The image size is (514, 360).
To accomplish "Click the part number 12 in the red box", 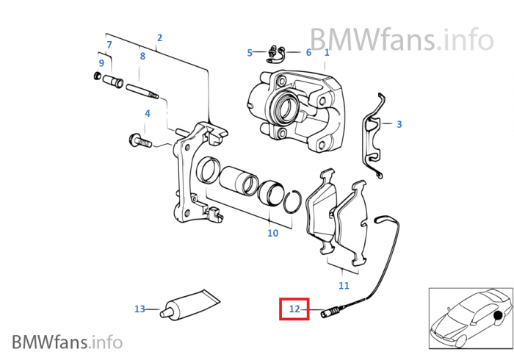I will [294, 309].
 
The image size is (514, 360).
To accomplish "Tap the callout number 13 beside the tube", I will [140, 309].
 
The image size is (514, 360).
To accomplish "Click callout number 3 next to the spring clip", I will [399, 124].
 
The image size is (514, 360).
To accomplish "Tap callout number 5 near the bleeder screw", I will [250, 53].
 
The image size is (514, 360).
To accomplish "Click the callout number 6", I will [308, 53].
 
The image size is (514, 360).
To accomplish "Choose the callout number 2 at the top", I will [159, 37].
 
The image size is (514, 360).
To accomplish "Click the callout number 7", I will [109, 46].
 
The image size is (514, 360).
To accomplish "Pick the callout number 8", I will [142, 56].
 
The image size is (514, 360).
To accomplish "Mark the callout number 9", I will [101, 62].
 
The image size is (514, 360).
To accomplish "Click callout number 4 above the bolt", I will [147, 114].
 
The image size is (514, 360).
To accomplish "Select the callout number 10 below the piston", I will [272, 234].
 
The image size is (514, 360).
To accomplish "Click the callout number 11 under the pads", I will [344, 285].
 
